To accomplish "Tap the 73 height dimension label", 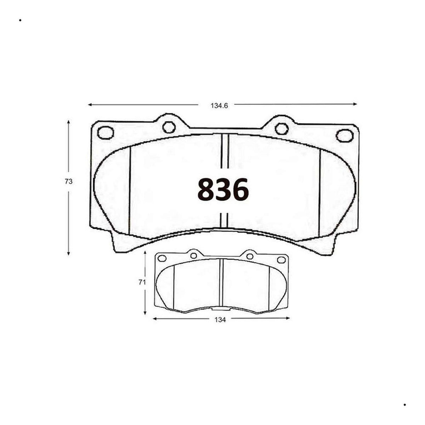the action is click(69, 182).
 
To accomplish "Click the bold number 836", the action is click(223, 189).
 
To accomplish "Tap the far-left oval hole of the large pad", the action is click(106, 133).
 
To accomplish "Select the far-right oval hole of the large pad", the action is click(344, 136).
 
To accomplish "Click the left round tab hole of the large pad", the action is click(169, 127).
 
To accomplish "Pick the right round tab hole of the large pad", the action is click(282, 129).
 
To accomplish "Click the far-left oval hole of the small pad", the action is click(162, 258).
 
